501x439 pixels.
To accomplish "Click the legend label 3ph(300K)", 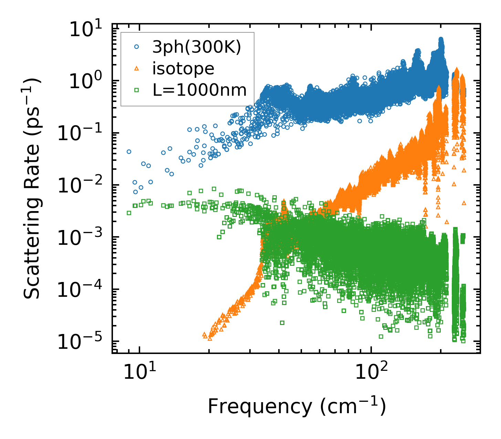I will point(197,48).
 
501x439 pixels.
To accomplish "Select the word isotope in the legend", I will point(183,69).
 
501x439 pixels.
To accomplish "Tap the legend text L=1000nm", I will point(199,90).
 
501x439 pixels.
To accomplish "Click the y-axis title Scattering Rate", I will point(32,189).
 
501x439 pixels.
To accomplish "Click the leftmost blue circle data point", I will point(129,151).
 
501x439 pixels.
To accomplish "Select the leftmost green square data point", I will point(129,213).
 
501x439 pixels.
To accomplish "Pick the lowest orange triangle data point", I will point(210,339).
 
